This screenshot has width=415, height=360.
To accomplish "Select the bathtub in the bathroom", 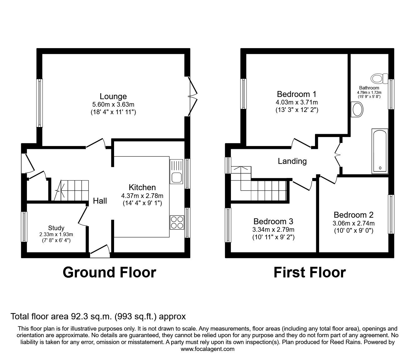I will coord(380,151).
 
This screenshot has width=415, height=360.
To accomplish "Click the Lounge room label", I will coord(113,96).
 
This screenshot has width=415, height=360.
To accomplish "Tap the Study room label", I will coord(56,228).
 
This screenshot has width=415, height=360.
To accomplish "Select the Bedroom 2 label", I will coord(353,215).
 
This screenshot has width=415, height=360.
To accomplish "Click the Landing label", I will coord(292,161).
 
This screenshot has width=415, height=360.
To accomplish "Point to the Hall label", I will coord(100,201).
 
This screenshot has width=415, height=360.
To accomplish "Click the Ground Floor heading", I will coord(109,272).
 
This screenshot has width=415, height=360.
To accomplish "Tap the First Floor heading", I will coord(310,272).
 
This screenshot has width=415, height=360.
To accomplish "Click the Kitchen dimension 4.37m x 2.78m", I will coord(142,196).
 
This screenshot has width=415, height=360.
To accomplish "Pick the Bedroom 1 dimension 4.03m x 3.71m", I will coord(297,102).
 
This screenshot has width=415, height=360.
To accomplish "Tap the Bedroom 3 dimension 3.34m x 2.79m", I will coord(273,230).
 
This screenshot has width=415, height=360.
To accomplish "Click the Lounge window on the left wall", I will coord(39,103).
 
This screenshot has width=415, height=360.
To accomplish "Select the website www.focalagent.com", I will coord(207,349).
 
